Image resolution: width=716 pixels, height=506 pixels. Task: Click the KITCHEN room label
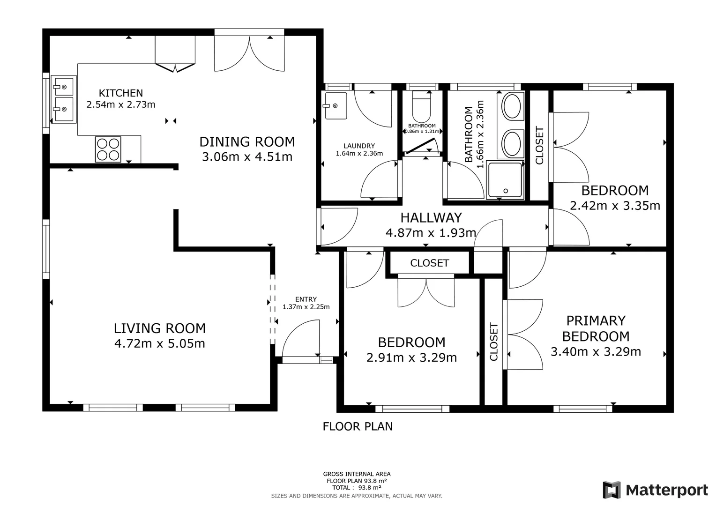point(120,93)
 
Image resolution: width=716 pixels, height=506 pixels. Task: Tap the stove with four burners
point(108,149)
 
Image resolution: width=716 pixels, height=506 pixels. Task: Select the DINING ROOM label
point(247,141)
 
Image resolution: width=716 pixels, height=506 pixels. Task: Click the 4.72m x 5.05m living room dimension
point(160,343)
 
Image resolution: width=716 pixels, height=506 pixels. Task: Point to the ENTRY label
point(306,299)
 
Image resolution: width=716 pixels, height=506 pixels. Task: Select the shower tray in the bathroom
point(505,179)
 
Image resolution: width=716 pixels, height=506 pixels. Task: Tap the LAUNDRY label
point(359,146)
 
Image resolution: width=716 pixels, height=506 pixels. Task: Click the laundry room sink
point(335,106)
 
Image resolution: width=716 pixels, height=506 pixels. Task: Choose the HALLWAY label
point(431,217)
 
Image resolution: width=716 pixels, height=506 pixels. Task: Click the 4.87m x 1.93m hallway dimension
point(431,232)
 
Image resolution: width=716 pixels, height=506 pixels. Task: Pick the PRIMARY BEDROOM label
point(596,328)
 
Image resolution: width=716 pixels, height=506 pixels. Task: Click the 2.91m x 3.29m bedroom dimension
point(411,358)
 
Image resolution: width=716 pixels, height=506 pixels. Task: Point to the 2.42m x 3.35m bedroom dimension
point(615,206)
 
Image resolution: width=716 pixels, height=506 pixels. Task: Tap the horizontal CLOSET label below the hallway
point(429,263)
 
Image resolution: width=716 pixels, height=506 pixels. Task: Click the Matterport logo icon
point(612,490)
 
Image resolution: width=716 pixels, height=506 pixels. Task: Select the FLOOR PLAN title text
point(358,426)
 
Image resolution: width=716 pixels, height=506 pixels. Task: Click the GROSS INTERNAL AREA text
point(357,474)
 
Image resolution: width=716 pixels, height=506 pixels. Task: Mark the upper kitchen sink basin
point(63,86)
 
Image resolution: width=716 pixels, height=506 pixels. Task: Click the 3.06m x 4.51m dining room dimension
point(247,157)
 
